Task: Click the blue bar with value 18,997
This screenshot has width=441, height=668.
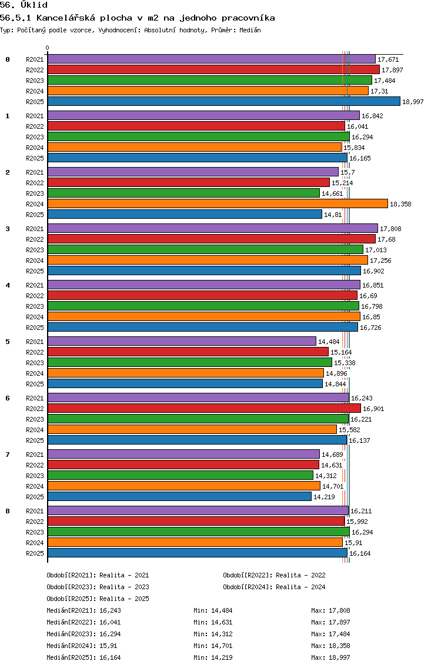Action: [224, 101]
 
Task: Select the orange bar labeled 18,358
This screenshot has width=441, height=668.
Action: [218, 203]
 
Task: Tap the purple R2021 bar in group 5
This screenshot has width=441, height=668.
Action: [182, 341]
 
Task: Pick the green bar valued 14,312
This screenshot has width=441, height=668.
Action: [181, 476]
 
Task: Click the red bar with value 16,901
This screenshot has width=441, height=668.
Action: [205, 408]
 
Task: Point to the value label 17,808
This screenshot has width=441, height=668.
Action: [390, 229]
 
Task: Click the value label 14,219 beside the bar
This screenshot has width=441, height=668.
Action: [324, 497]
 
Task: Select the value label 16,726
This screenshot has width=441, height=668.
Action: [370, 328]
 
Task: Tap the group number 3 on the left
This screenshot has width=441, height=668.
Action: [8, 229]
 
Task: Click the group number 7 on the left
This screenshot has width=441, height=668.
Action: [8, 455]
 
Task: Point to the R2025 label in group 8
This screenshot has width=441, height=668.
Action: [35, 553]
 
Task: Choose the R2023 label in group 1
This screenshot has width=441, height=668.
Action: [35, 137]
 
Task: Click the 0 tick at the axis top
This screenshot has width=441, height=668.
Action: [47, 48]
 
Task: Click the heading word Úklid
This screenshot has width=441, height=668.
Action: [34, 5]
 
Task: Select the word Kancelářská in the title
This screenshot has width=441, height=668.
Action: [66, 18]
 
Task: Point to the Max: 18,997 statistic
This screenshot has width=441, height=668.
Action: [330, 657]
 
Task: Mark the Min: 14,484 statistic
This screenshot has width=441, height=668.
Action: [213, 610]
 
